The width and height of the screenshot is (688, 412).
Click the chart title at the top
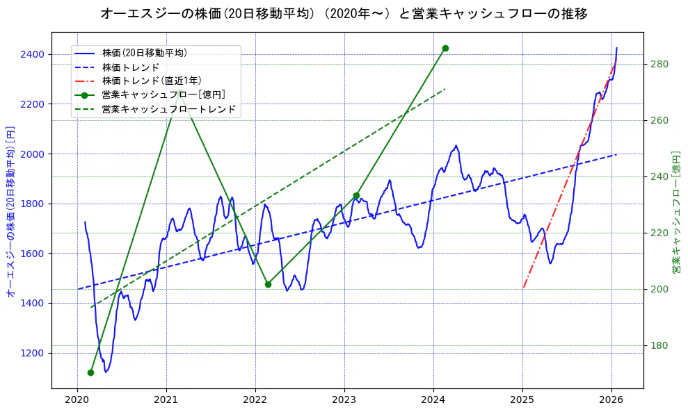click(344, 13)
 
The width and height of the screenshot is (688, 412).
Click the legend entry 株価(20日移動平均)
click(144, 53)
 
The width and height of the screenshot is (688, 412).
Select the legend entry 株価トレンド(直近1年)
click(152, 81)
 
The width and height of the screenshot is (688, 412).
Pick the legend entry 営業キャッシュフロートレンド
click(169, 109)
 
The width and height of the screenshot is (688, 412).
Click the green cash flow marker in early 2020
click(90, 372)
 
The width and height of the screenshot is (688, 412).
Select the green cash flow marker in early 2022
click(268, 284)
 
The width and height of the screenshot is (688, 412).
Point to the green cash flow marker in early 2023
click(356, 195)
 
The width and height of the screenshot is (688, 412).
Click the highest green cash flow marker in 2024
click(445, 48)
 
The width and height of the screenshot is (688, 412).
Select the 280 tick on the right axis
click(659, 64)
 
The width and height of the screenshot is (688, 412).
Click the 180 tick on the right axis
click(659, 345)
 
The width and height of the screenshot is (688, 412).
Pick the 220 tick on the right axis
click(659, 233)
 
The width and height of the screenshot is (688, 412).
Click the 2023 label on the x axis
click(344, 399)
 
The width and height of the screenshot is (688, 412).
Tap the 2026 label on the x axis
click(611, 399)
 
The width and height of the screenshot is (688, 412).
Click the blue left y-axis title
click(10, 212)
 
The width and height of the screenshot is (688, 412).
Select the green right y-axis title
click(676, 212)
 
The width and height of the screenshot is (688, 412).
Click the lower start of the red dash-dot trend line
click(523, 287)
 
